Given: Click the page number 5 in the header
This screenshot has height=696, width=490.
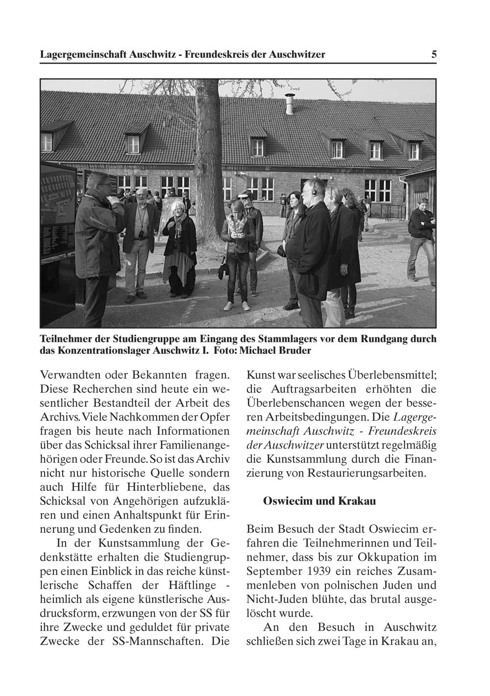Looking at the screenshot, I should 434,54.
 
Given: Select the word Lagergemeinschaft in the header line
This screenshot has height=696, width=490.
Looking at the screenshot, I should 83,54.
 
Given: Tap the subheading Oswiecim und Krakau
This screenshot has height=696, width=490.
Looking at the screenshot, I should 319,501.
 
